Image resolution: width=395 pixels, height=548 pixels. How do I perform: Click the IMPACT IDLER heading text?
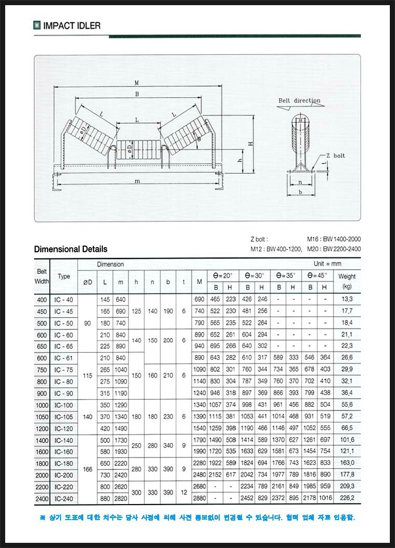[72, 25]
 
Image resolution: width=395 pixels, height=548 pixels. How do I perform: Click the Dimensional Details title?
[71, 249]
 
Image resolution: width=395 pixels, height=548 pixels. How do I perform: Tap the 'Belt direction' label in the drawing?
[299, 100]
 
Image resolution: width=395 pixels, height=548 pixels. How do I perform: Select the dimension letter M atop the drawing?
[136, 83]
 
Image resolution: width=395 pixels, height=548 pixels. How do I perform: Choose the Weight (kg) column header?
[347, 281]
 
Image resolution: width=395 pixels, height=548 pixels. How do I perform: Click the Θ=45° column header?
[317, 276]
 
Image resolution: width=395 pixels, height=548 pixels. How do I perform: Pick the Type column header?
[64, 276]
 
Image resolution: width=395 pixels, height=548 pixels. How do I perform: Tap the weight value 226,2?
[347, 498]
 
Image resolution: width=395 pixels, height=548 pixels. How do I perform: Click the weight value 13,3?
[347, 299]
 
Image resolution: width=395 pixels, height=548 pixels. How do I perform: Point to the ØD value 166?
[87, 469]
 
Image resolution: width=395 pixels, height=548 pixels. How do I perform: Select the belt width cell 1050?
[42, 417]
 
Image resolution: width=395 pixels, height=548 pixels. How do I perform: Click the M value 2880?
[199, 498]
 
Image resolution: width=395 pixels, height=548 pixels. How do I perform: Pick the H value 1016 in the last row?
[325, 498]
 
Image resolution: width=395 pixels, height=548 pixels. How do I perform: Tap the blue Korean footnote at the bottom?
[197, 517]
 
